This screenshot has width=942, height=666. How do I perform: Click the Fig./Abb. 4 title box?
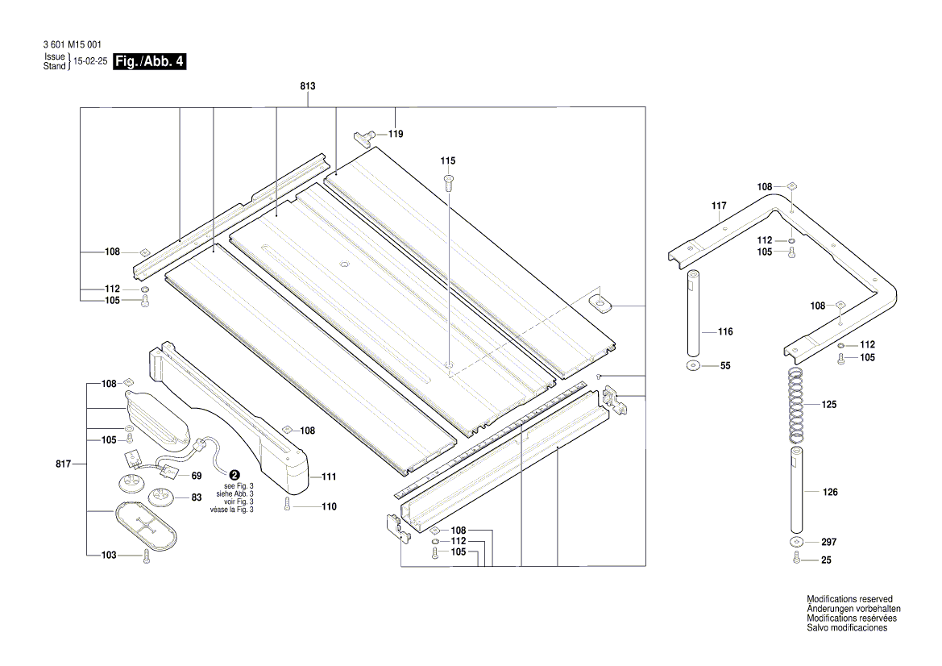pyautogui.click(x=151, y=62)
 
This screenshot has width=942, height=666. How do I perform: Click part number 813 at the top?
pyautogui.click(x=307, y=86)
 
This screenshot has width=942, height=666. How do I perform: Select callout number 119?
pyautogui.click(x=396, y=134)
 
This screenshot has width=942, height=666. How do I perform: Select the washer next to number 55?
pyautogui.click(x=693, y=366)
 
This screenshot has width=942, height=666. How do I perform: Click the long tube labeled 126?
pyautogui.click(x=795, y=491)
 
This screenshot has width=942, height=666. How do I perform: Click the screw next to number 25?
pyautogui.click(x=796, y=560)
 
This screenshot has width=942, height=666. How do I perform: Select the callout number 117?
pyautogui.click(x=720, y=206)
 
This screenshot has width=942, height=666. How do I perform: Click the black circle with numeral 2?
pyautogui.click(x=234, y=476)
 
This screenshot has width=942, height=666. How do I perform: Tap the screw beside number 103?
pyautogui.click(x=146, y=556)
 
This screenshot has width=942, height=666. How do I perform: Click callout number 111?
pyautogui.click(x=329, y=477)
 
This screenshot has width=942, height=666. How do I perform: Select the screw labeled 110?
pyautogui.click(x=287, y=506)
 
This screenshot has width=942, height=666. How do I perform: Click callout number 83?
pyautogui.click(x=196, y=497)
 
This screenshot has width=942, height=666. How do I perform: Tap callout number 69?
pyautogui.click(x=196, y=477)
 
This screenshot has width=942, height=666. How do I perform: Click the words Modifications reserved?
pyautogui.click(x=849, y=599)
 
